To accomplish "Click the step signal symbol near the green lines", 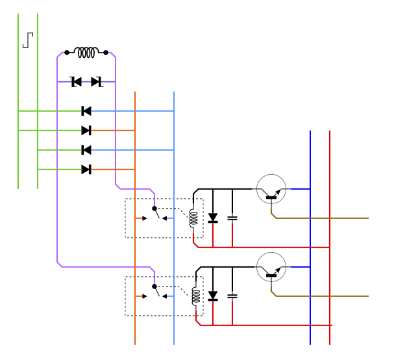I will [x=28, y=40].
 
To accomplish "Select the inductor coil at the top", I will [x=86, y=52].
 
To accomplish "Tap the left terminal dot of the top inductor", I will [x=67, y=53].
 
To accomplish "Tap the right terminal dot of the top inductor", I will [x=106, y=53].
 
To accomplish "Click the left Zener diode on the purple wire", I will [x=76, y=82].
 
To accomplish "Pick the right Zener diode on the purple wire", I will [x=96, y=82].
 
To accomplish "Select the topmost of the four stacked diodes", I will [x=86, y=111].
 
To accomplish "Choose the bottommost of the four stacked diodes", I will [x=86, y=170].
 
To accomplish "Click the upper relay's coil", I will [x=193, y=218].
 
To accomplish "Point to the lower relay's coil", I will [x=195, y=296].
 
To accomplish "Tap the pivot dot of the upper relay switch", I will [x=154, y=209].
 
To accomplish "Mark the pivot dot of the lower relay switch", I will [x=154, y=287].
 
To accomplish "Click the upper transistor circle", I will [x=271, y=189].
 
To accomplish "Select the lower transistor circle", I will [x=271, y=267].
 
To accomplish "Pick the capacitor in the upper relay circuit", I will [x=232, y=218].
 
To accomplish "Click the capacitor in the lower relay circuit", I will [x=232, y=296].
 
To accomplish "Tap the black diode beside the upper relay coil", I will [x=213, y=218].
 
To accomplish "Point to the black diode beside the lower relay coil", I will [x=213, y=296].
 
